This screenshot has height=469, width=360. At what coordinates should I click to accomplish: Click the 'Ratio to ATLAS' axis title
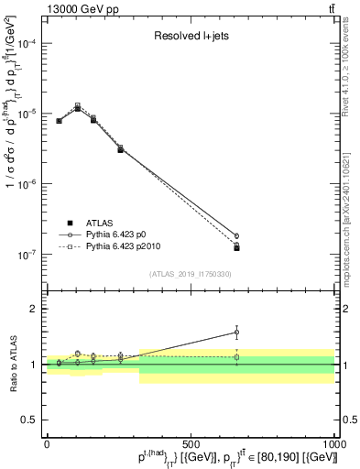(x=12, y=364)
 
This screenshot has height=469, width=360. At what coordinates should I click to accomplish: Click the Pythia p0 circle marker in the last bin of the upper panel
(x=236, y=236)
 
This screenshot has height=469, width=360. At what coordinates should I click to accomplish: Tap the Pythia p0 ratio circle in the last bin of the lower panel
(x=236, y=333)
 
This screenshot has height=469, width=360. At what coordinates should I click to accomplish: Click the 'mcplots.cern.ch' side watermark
(x=351, y=229)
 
